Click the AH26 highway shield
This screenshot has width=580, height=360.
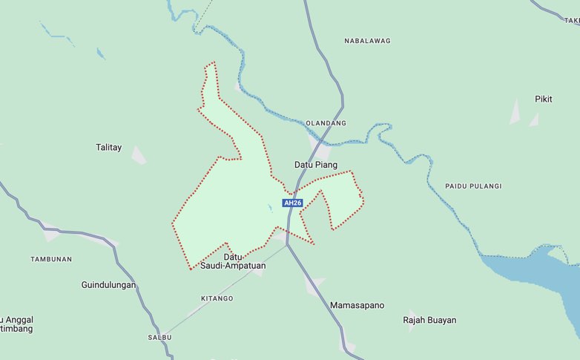pos(293,203)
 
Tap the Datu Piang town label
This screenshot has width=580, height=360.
pos(316,165)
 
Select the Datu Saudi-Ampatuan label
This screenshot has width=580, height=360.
pos(233,261)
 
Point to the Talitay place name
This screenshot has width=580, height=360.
pos(108,148)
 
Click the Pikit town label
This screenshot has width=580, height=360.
pos(544,99)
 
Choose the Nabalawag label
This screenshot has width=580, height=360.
pos(367,41)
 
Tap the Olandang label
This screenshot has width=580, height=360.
pos(326,123)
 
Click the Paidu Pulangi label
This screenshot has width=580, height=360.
pos(473,186)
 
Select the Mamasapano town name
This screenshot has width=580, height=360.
pos(357,305)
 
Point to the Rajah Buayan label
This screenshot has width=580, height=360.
pos(429,321)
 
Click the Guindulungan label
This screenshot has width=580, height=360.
pos(108,284)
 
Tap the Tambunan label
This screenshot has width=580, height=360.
pos(51,259)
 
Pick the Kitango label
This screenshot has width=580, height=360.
pos(217,298)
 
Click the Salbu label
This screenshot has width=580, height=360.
pos(159,337)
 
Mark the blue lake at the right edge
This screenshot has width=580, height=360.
pos(541,278)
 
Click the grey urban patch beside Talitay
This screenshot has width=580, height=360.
pos(138,155)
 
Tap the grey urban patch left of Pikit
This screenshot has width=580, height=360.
pos(515,111)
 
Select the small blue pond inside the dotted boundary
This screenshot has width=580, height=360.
pos(271,207)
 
